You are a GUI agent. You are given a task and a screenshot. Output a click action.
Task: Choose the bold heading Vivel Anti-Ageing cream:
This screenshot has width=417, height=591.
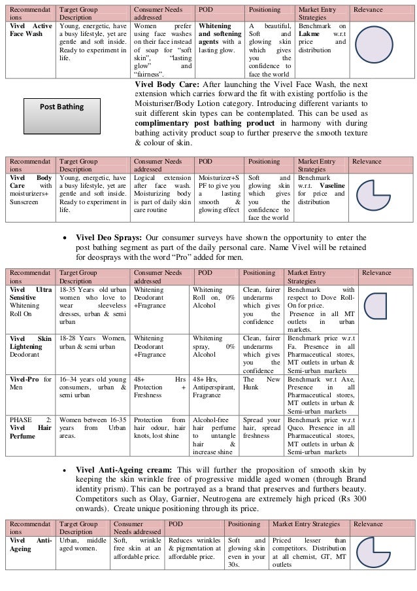(x=127, y=469)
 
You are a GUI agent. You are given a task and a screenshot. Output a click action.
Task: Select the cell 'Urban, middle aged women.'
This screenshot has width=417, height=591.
(x=82, y=546)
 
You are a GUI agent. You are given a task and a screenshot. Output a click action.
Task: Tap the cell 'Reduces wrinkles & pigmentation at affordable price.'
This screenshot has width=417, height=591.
(x=193, y=546)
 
